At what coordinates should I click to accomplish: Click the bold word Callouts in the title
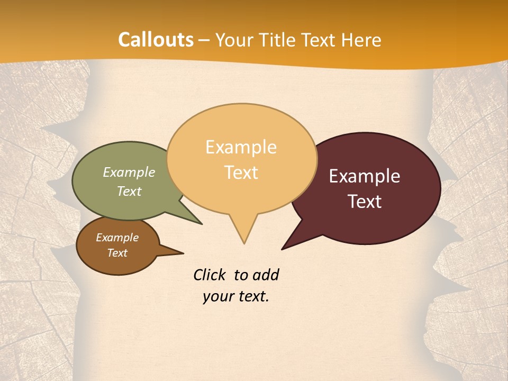pos(156,40)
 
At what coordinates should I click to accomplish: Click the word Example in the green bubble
pos(129,173)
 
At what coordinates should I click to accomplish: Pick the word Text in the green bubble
pos(129,191)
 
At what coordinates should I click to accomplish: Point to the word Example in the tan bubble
pos(241,147)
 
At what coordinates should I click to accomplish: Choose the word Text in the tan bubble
pos(241,173)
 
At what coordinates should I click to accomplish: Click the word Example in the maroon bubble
pos(365,176)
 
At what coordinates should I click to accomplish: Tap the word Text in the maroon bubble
pos(365,202)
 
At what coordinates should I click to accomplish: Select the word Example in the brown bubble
pos(117,238)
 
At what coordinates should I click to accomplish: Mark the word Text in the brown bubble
pos(117,253)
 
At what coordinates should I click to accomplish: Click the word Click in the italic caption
pos(209,275)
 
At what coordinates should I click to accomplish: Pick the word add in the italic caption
pos(266,275)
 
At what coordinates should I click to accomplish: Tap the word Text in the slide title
pos(316,40)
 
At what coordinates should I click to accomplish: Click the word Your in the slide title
pos(233,40)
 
